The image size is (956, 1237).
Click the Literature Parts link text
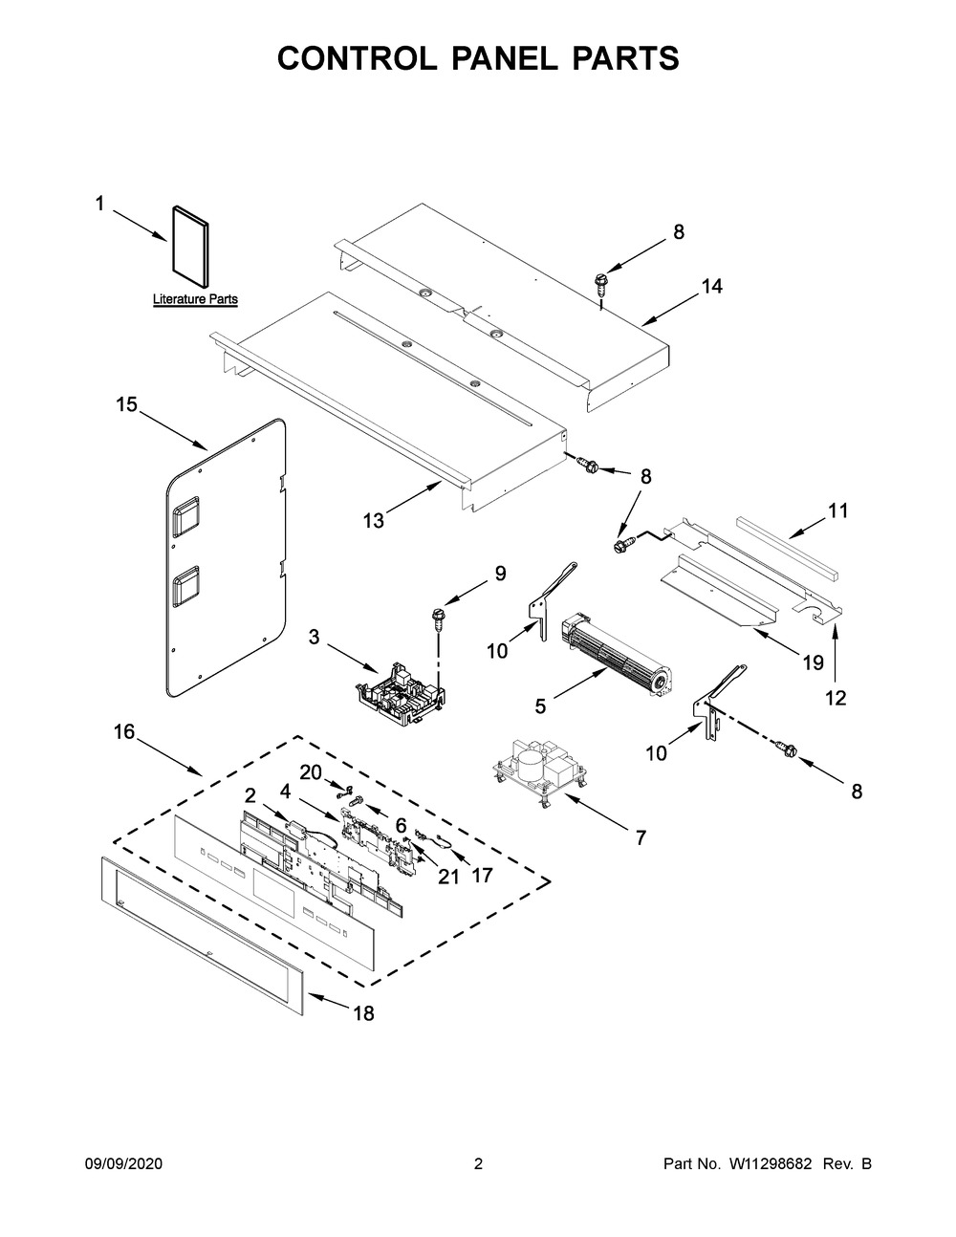click(195, 300)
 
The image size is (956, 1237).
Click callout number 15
click(126, 405)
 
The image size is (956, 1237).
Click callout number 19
click(812, 660)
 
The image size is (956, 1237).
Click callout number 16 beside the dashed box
click(124, 733)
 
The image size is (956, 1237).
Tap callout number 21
click(448, 876)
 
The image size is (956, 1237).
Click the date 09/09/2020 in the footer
click(124, 1164)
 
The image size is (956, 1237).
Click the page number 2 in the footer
click(478, 1164)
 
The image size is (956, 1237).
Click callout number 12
click(836, 699)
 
